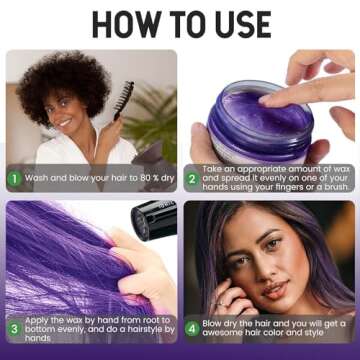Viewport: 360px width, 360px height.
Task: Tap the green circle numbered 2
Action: (194, 180)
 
